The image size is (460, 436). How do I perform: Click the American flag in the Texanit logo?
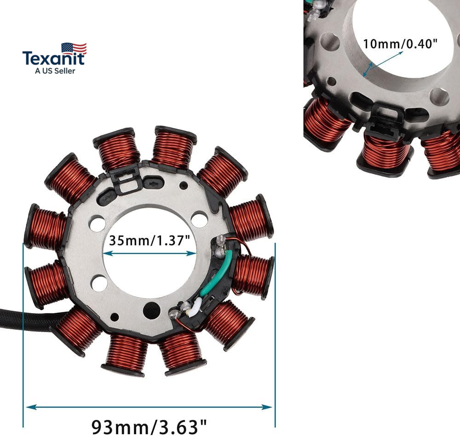pos(74,48)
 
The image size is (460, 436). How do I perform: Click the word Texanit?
pos(54,58)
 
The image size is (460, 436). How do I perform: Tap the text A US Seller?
pos(55,71)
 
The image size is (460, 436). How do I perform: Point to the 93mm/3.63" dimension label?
pos(149,427)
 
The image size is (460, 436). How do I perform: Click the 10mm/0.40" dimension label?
pos(400,44)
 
